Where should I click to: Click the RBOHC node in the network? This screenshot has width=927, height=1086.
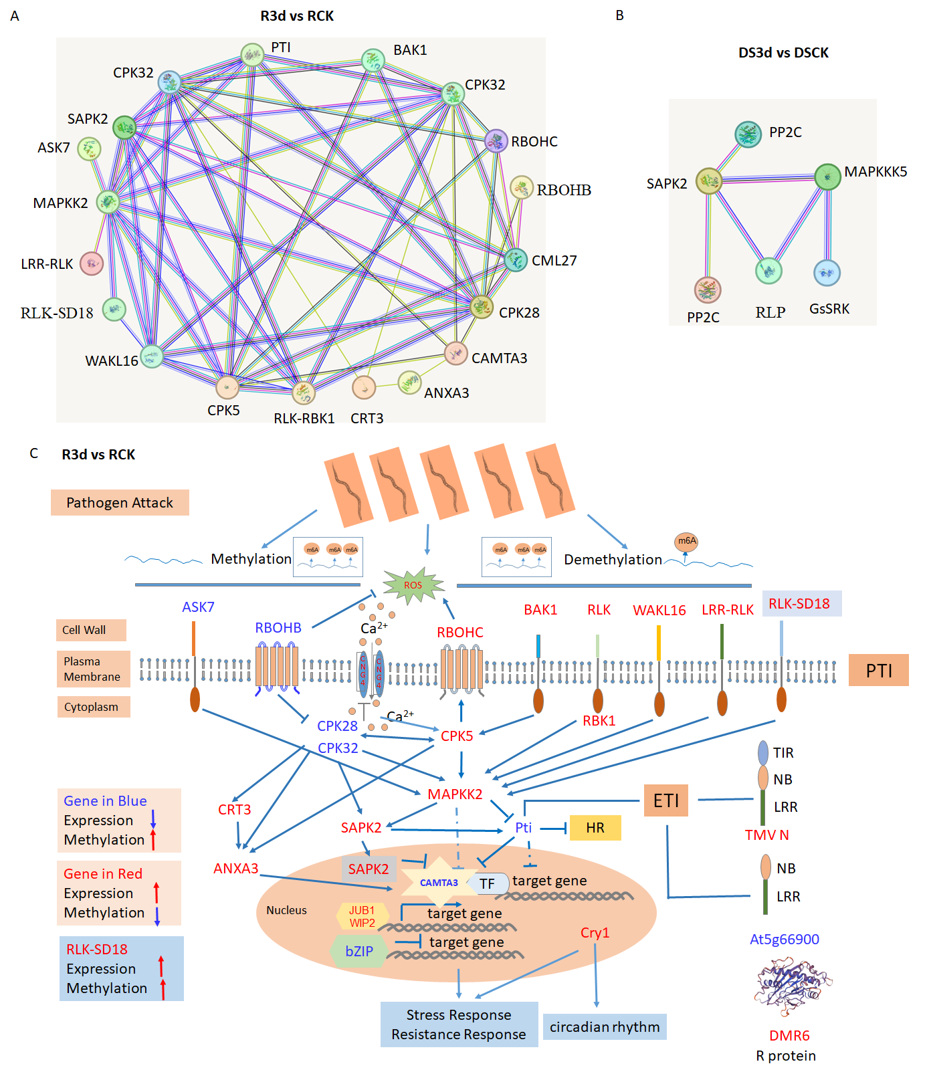pyautogui.click(x=496, y=141)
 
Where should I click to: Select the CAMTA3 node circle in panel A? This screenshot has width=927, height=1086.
pyautogui.click(x=455, y=354)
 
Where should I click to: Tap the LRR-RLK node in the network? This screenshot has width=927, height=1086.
pyautogui.click(x=92, y=263)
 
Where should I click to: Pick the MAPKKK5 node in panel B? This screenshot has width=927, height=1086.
pyautogui.click(x=827, y=177)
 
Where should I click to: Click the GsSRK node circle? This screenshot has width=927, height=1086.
pyautogui.click(x=827, y=273)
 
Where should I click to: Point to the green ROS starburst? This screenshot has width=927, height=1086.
pyautogui.click(x=413, y=585)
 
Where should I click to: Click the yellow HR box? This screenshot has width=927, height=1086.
pyautogui.click(x=595, y=828)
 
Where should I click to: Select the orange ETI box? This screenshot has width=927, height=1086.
pyautogui.click(x=665, y=800)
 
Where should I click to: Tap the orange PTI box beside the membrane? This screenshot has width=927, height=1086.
pyautogui.click(x=878, y=670)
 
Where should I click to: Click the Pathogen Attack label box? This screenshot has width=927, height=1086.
pyautogui.click(x=120, y=503)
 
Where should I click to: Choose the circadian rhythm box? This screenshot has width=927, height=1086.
pyautogui.click(x=605, y=1026)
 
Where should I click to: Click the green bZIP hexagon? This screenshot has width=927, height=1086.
pyautogui.click(x=359, y=951)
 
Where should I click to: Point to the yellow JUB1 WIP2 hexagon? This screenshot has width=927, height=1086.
pyautogui.click(x=362, y=916)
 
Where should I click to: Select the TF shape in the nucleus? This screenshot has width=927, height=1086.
pyautogui.click(x=488, y=883)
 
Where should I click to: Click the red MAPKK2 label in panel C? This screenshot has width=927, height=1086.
pyautogui.click(x=455, y=794)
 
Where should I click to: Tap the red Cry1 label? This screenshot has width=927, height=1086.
pyautogui.click(x=595, y=933)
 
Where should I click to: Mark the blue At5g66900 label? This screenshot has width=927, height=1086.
pyautogui.click(x=785, y=940)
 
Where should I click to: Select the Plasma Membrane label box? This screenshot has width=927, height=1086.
pyautogui.click(x=92, y=669)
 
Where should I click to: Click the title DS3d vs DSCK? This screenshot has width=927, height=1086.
pyautogui.click(x=783, y=53)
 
